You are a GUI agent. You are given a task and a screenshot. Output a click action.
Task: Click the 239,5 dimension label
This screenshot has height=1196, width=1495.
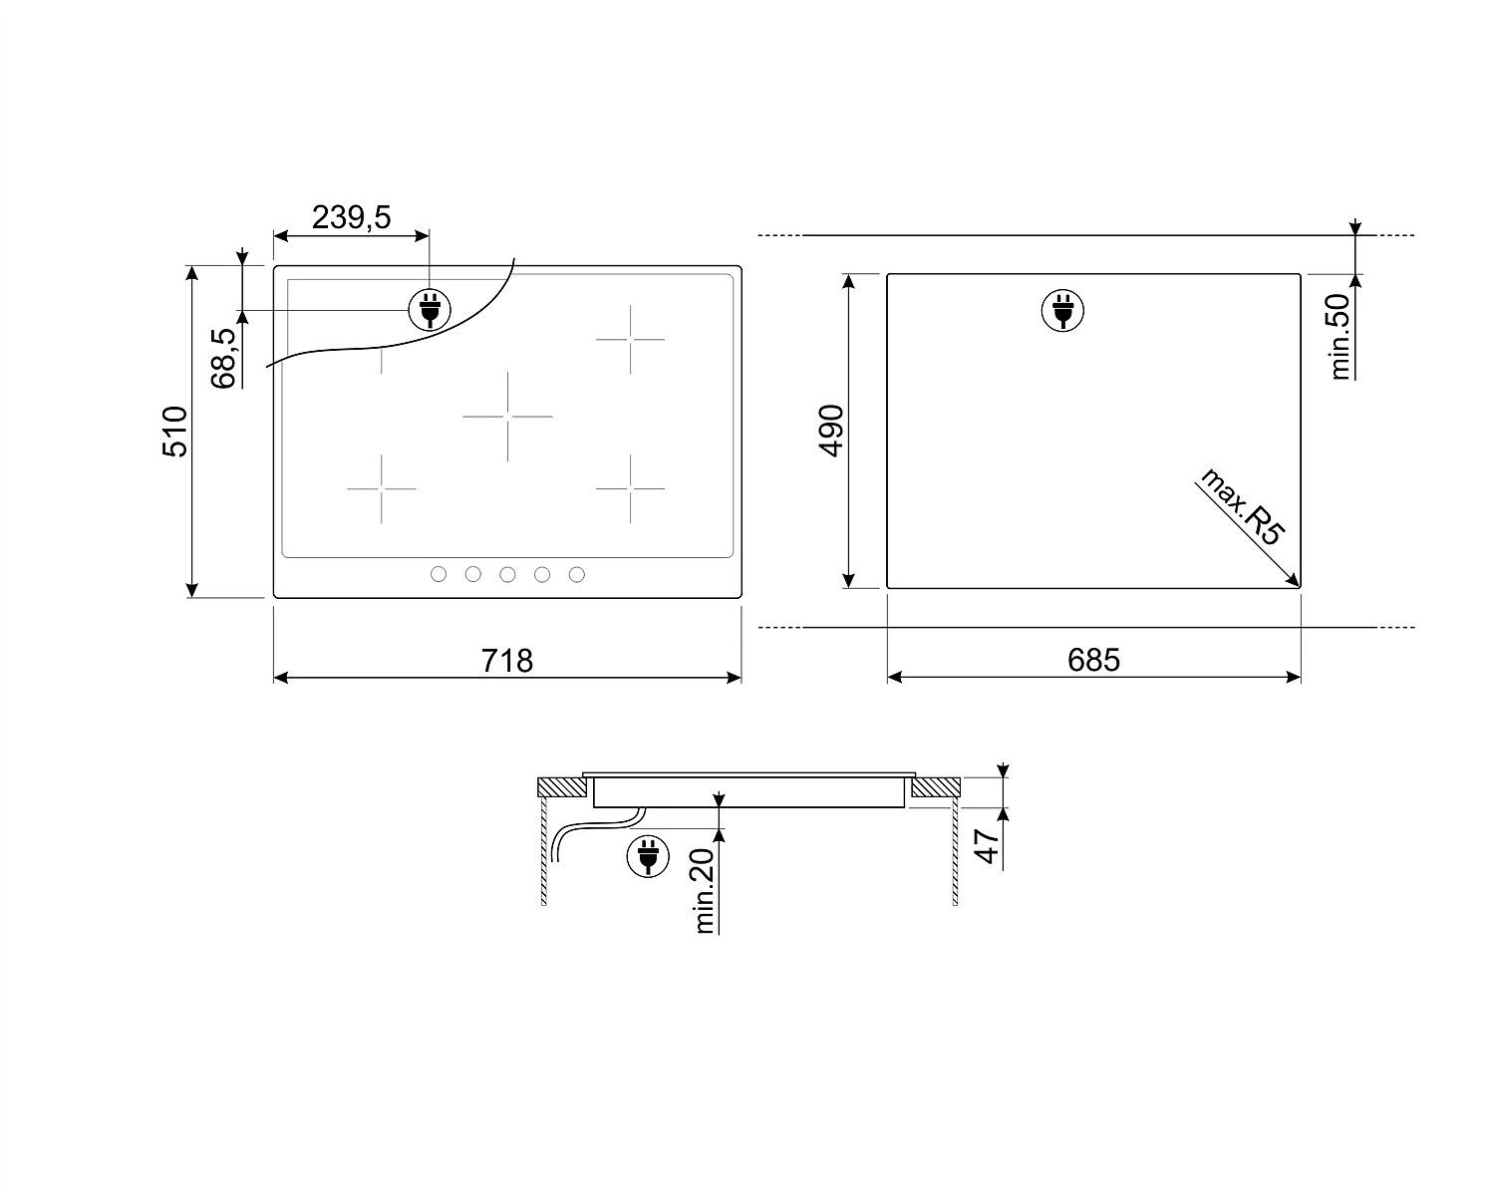tap(351, 217)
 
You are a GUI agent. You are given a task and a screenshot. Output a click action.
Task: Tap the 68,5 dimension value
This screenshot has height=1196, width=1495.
tap(223, 359)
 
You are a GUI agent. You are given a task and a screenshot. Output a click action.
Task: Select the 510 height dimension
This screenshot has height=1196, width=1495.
tap(174, 432)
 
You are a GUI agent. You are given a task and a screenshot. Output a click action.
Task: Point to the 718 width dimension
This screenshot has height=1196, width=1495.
tap(507, 661)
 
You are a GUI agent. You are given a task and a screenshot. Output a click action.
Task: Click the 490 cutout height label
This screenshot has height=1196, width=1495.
tap(831, 431)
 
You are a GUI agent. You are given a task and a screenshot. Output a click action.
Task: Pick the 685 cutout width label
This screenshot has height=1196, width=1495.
tap(1093, 660)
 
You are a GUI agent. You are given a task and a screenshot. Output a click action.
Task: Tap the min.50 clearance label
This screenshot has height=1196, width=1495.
tap(1341, 337)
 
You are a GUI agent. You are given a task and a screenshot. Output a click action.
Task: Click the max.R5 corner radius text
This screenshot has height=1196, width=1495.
tap(1243, 506)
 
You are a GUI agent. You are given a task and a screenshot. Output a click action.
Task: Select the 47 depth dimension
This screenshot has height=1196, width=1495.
tap(987, 846)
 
